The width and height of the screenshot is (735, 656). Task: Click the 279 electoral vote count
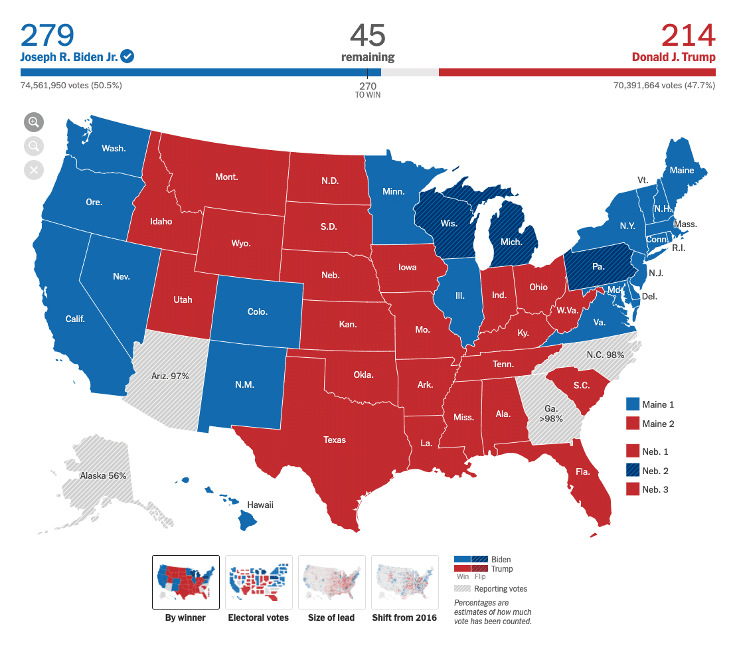47,35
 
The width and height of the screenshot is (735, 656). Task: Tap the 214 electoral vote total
688,35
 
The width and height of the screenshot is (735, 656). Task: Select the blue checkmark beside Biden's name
127,56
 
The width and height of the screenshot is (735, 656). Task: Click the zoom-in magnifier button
34,122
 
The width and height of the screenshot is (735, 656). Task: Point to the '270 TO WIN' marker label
368,90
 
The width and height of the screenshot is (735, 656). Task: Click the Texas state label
335,440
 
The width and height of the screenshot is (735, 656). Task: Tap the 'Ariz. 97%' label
170,376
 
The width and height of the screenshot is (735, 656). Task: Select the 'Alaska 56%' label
103,475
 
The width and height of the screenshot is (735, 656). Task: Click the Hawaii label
260,505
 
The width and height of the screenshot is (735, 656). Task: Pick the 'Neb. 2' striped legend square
633,470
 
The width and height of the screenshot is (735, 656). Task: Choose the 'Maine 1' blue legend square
633,404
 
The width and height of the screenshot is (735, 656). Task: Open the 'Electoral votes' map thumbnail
258,582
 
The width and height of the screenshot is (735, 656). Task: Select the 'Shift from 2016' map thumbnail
404,582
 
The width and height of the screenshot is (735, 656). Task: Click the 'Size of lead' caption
331,617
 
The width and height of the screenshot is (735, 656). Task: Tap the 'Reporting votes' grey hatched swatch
470,588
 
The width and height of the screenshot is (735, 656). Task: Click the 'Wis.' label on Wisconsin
449,223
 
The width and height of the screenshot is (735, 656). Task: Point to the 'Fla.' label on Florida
583,471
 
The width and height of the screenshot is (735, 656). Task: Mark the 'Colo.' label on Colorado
257,311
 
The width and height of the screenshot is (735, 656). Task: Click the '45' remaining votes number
367,35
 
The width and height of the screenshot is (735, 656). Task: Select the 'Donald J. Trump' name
673,56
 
